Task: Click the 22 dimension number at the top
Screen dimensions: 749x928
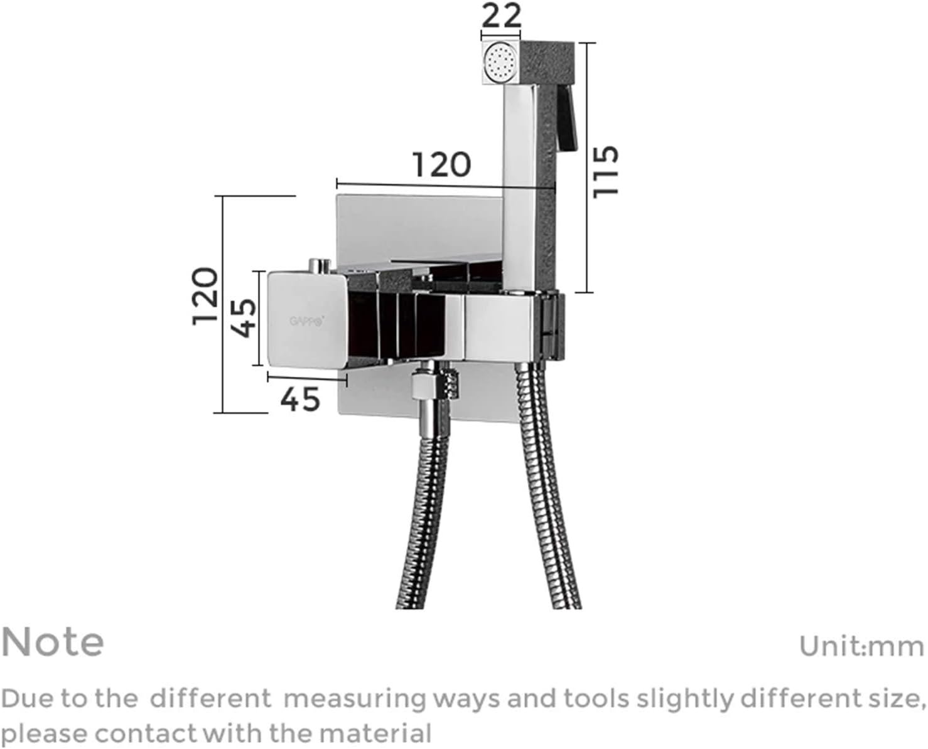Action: click(x=502, y=15)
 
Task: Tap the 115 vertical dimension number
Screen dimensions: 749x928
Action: click(x=607, y=171)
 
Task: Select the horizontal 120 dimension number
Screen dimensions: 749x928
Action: click(x=441, y=164)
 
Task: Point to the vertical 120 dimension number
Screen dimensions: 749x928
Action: click(x=205, y=295)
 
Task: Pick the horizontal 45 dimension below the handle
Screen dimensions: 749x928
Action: click(x=300, y=399)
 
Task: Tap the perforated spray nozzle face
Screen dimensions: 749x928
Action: click(x=500, y=63)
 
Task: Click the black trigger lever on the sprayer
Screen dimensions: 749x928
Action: click(x=567, y=120)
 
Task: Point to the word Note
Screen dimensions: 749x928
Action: click(x=53, y=642)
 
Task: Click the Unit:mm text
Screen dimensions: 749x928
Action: click(x=861, y=645)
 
